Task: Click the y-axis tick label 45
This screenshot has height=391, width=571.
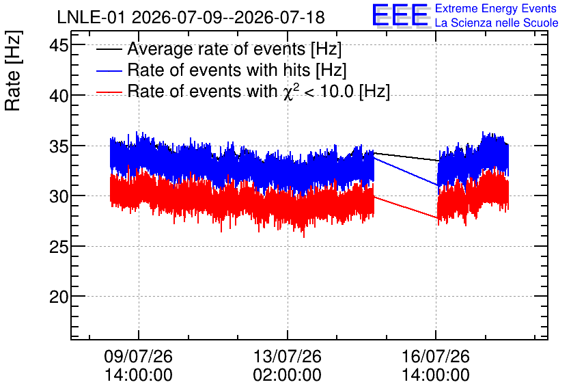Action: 59,46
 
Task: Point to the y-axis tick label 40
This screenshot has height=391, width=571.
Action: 59,96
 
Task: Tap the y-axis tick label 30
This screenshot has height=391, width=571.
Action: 59,197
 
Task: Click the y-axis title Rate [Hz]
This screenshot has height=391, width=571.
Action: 13,70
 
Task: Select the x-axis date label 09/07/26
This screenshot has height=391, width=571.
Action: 139,356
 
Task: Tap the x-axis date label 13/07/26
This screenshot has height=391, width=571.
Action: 288,356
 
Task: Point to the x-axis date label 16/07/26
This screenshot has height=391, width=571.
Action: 436,356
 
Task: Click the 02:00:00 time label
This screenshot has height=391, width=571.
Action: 288,375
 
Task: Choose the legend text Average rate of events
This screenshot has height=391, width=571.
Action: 217,49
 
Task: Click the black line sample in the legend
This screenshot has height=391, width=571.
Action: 109,49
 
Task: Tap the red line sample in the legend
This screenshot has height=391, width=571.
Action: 109,92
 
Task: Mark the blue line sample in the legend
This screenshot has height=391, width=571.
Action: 109,70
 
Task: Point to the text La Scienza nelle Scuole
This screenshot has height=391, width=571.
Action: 497,23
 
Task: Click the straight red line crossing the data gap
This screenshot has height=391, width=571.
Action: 406,208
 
